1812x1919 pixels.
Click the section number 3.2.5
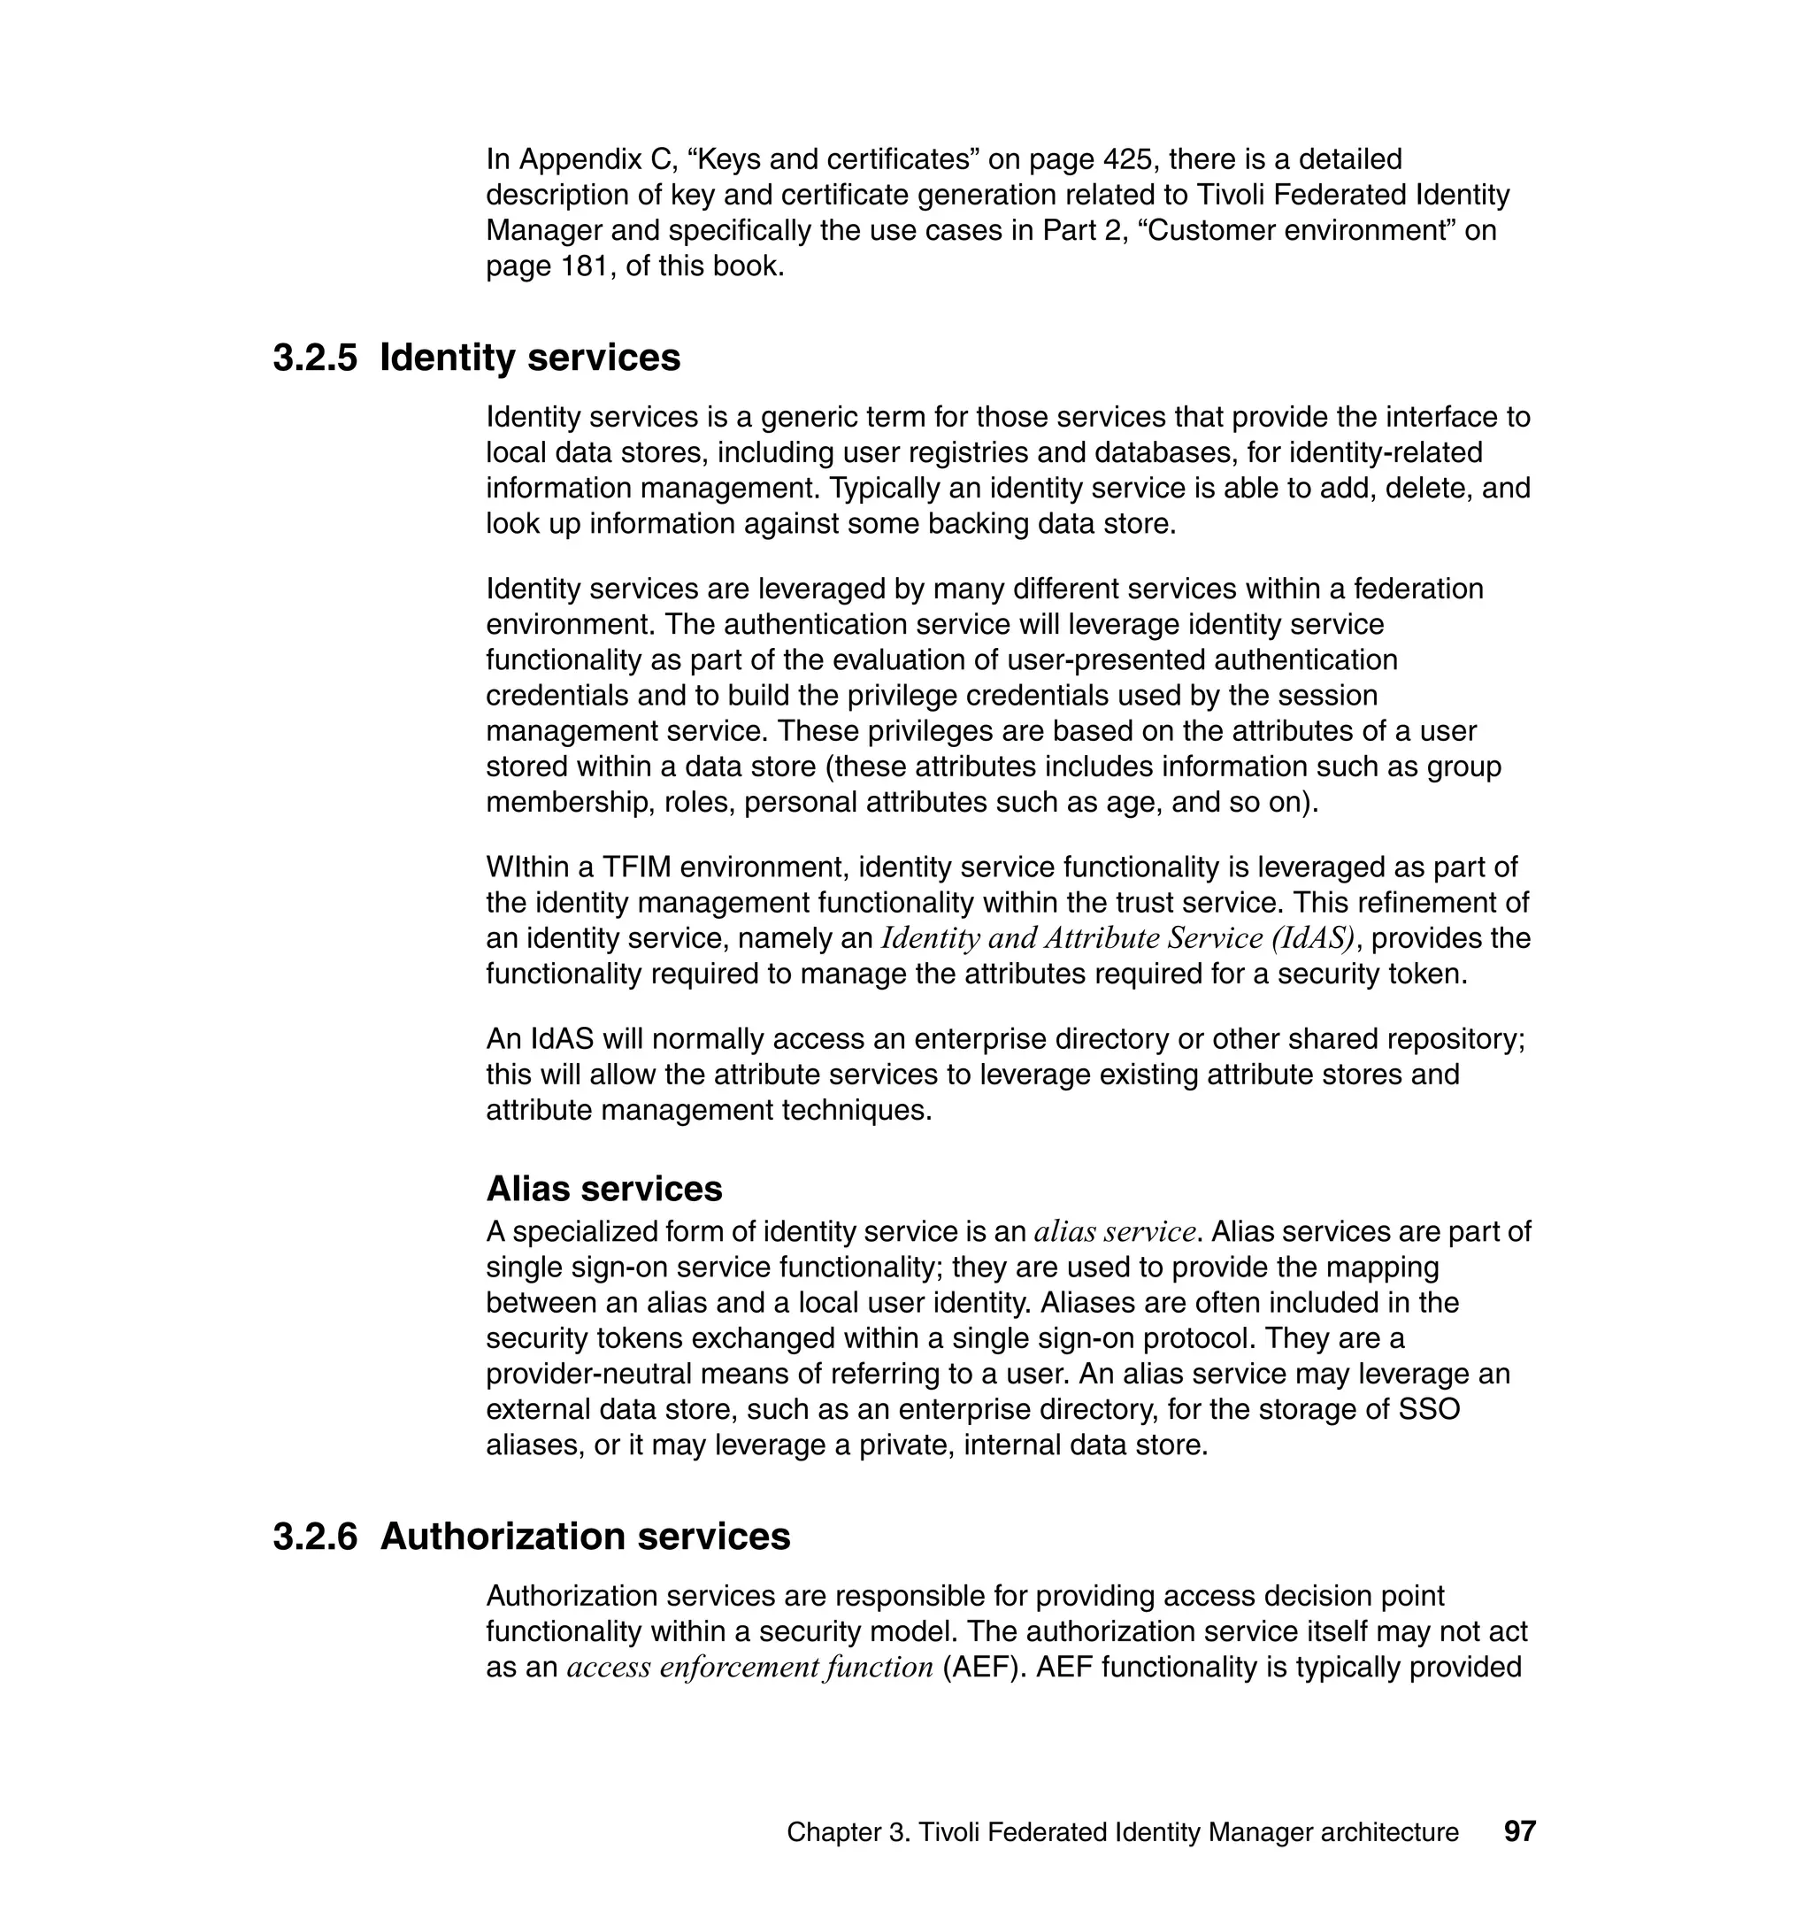tap(314, 358)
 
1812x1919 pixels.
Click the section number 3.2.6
tap(314, 1538)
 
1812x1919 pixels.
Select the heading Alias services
tap(603, 1189)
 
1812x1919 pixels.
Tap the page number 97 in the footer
tap(1519, 1832)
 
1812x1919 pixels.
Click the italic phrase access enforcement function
tap(749, 1668)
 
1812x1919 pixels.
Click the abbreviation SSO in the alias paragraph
tap(1429, 1410)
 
